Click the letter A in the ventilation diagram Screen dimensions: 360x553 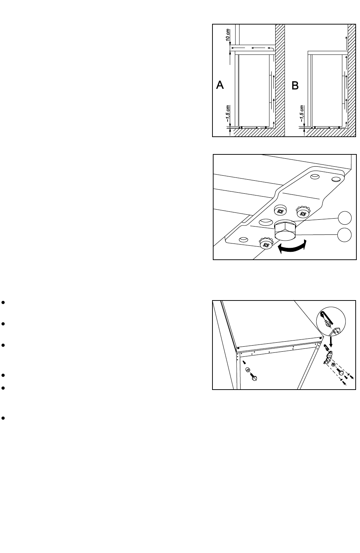click(x=220, y=85)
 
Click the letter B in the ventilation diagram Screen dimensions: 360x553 click(x=295, y=86)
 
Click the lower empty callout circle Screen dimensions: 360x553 click(x=345, y=235)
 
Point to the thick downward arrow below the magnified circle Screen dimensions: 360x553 click(x=331, y=341)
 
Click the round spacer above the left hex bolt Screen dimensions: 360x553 click(x=248, y=370)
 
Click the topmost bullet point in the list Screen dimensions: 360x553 click(x=3, y=302)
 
